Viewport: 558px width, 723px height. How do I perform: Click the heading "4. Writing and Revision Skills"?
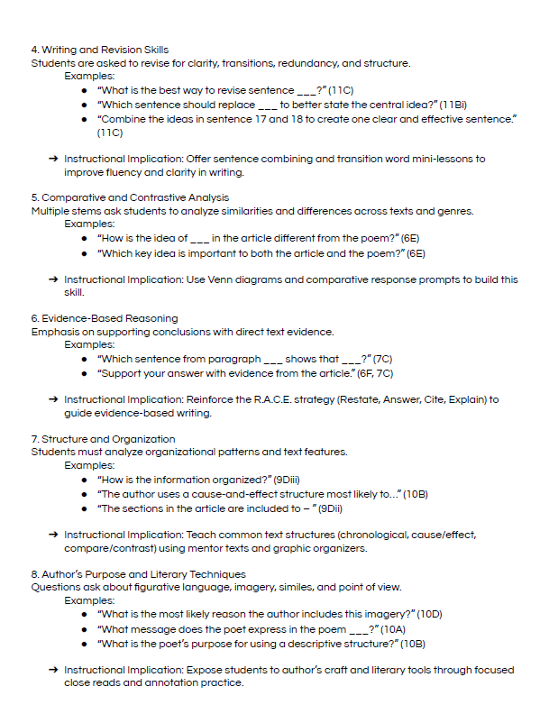pyautogui.click(x=99, y=50)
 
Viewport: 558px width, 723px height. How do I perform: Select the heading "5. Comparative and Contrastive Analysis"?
pyautogui.click(x=130, y=197)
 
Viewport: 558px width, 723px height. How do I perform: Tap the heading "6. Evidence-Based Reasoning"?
pyautogui.click(x=104, y=318)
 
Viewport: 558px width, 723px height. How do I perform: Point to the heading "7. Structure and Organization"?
pyautogui.click(x=103, y=439)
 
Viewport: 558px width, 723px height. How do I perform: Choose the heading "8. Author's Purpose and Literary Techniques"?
pyautogui.click(x=137, y=574)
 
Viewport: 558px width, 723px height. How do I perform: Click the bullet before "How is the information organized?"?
pyautogui.click(x=84, y=480)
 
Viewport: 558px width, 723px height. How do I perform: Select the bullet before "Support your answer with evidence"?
pyautogui.click(x=84, y=373)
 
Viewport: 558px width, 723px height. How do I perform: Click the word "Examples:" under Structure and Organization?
pyautogui.click(x=89, y=466)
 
